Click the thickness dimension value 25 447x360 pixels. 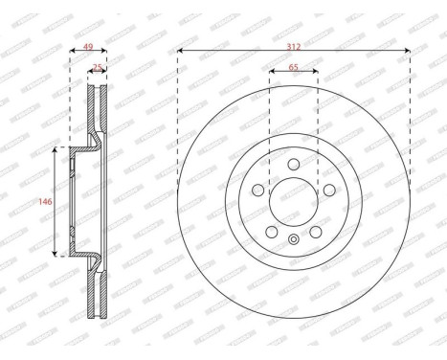point(98,67)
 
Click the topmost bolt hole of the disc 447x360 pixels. point(293,164)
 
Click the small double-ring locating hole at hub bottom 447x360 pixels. point(293,236)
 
